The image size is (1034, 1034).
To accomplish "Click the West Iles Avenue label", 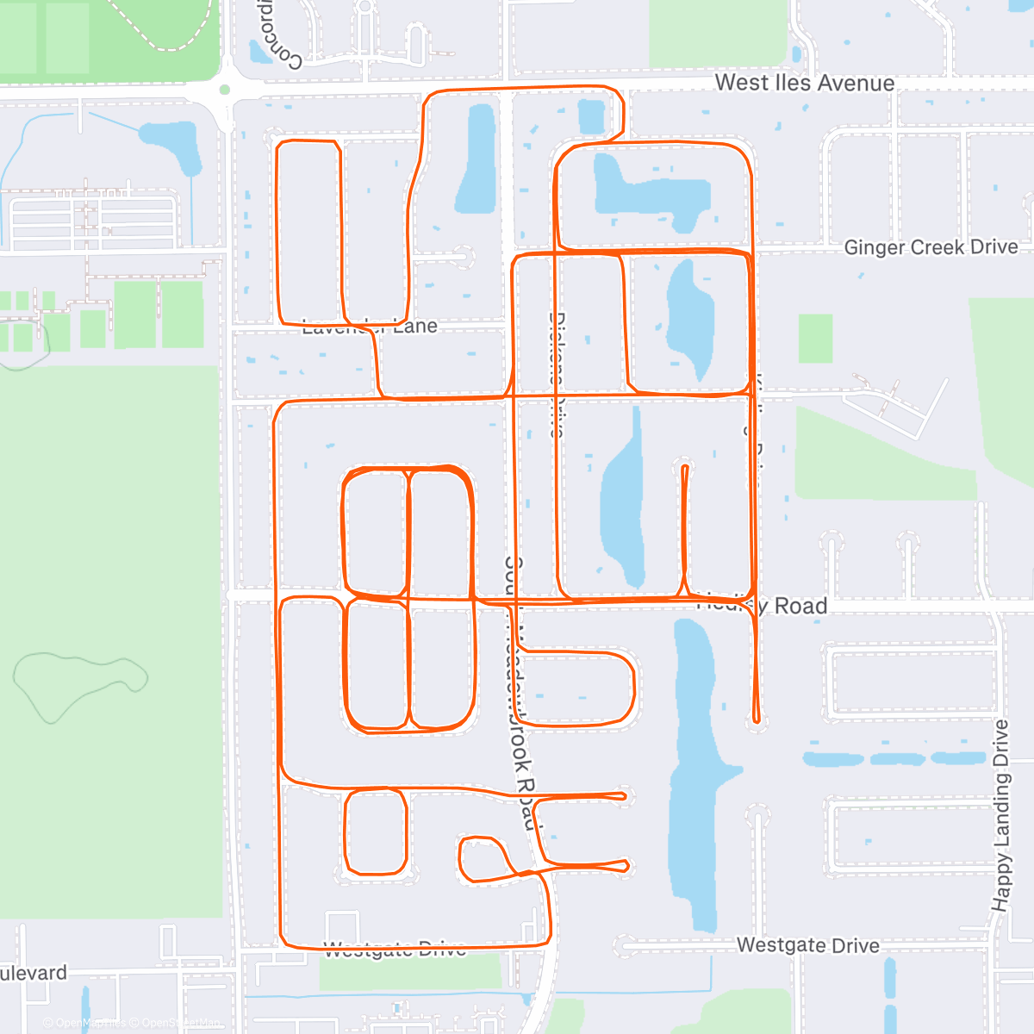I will (x=804, y=83).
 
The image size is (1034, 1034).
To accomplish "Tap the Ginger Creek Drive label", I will (x=931, y=247).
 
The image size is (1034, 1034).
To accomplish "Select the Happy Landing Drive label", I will (x=1000, y=815).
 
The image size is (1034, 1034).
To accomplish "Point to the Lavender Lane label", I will (x=370, y=327).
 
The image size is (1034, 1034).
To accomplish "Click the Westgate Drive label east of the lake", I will (x=807, y=945).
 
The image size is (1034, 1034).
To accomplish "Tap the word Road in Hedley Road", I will (x=800, y=607).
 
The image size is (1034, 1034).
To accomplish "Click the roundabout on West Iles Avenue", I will (x=225, y=89).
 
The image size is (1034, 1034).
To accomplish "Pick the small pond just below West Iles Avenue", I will (x=591, y=115).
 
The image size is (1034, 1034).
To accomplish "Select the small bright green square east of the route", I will (x=815, y=339).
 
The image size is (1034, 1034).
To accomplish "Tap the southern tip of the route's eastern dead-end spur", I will (x=757, y=719).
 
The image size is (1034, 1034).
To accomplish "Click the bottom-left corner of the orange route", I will (x=284, y=944).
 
